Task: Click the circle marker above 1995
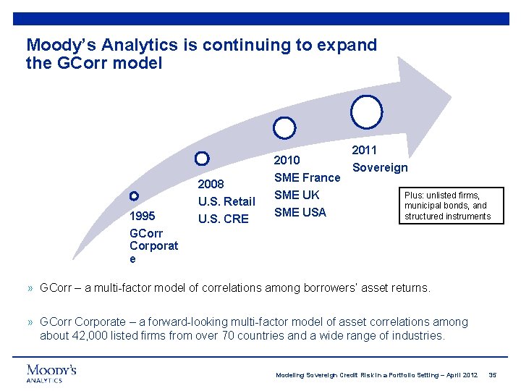point(134,195)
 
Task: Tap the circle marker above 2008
point(203,158)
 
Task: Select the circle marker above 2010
point(285,128)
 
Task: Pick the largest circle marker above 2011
point(366,111)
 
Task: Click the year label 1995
point(141,216)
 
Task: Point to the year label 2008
point(211,184)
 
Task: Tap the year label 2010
point(287,160)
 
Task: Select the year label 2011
point(364,150)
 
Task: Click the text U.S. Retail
point(226,201)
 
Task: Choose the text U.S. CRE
point(223,219)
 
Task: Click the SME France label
point(307,177)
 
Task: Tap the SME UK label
point(297,195)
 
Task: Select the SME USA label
point(300,212)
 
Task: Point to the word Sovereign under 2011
point(379,167)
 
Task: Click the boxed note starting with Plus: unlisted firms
point(451,206)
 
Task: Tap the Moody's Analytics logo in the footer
point(51,373)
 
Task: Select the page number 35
point(493,375)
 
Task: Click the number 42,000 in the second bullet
point(86,335)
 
